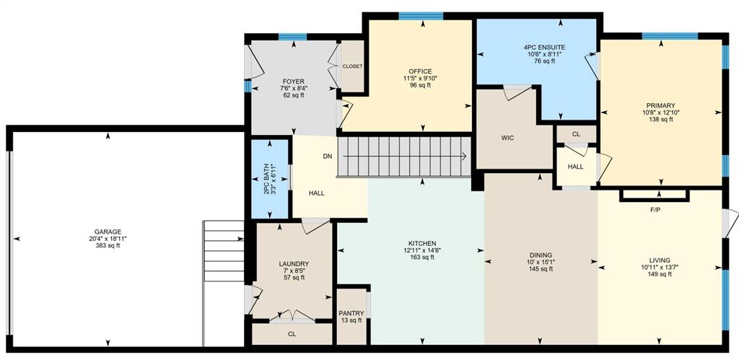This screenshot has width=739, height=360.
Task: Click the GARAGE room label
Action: pos(108,232)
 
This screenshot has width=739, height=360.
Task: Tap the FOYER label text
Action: pos(293,81)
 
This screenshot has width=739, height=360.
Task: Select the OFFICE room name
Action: pos(421,71)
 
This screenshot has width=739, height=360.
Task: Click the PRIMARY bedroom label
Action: pos(661,105)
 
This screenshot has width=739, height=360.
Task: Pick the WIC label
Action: pos(507,138)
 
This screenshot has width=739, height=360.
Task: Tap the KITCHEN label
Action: pos(421,244)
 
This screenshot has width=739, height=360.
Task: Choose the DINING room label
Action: pos(540,255)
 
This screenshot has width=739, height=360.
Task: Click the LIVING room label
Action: pos(659,260)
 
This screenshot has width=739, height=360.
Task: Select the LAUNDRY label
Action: pos(294,264)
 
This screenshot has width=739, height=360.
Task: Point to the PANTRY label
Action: pos(351,313)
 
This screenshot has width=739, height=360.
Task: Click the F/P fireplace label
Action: pos(655,210)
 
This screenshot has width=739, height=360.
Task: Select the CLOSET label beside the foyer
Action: pos(352,66)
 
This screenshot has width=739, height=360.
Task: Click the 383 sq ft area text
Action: pos(108,245)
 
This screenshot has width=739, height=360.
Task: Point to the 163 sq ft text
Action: pos(421,257)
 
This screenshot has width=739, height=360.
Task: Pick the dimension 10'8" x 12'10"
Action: pos(661,113)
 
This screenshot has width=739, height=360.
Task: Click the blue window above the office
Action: pos(421,16)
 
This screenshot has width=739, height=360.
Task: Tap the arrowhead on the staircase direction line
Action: pos(464,157)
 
